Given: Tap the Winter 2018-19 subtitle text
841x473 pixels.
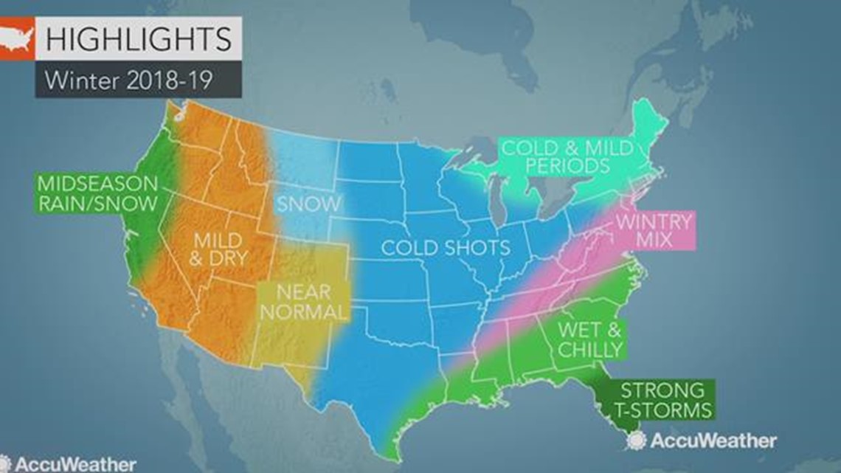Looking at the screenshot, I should point(128,80).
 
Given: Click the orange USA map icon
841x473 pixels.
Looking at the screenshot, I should point(17,38).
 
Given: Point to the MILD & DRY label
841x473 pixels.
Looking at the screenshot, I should point(220,249).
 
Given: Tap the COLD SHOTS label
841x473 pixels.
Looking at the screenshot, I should point(445,247).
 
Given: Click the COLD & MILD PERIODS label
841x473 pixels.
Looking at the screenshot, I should point(567,156).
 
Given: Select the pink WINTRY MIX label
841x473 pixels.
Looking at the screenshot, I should point(654,231).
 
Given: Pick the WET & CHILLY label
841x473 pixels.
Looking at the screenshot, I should point(589,339).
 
